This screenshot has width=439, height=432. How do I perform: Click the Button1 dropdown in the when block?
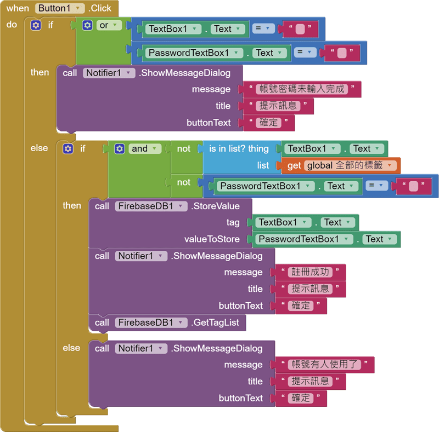point(60,8)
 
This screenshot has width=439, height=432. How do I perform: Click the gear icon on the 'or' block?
point(88,25)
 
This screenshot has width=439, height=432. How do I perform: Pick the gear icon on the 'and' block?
point(120,148)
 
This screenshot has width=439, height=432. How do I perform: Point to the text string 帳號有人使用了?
point(326,365)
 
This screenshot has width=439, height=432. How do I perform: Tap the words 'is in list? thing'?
point(239,148)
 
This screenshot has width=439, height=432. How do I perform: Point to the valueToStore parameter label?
point(212,239)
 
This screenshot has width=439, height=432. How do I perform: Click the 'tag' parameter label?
point(233,222)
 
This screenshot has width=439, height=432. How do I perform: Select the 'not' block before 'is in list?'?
point(184,148)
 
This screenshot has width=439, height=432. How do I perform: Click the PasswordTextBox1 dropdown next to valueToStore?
point(305,239)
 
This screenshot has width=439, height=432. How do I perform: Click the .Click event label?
point(99,8)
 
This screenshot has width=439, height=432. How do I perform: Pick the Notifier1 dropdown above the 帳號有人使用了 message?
point(141,348)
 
